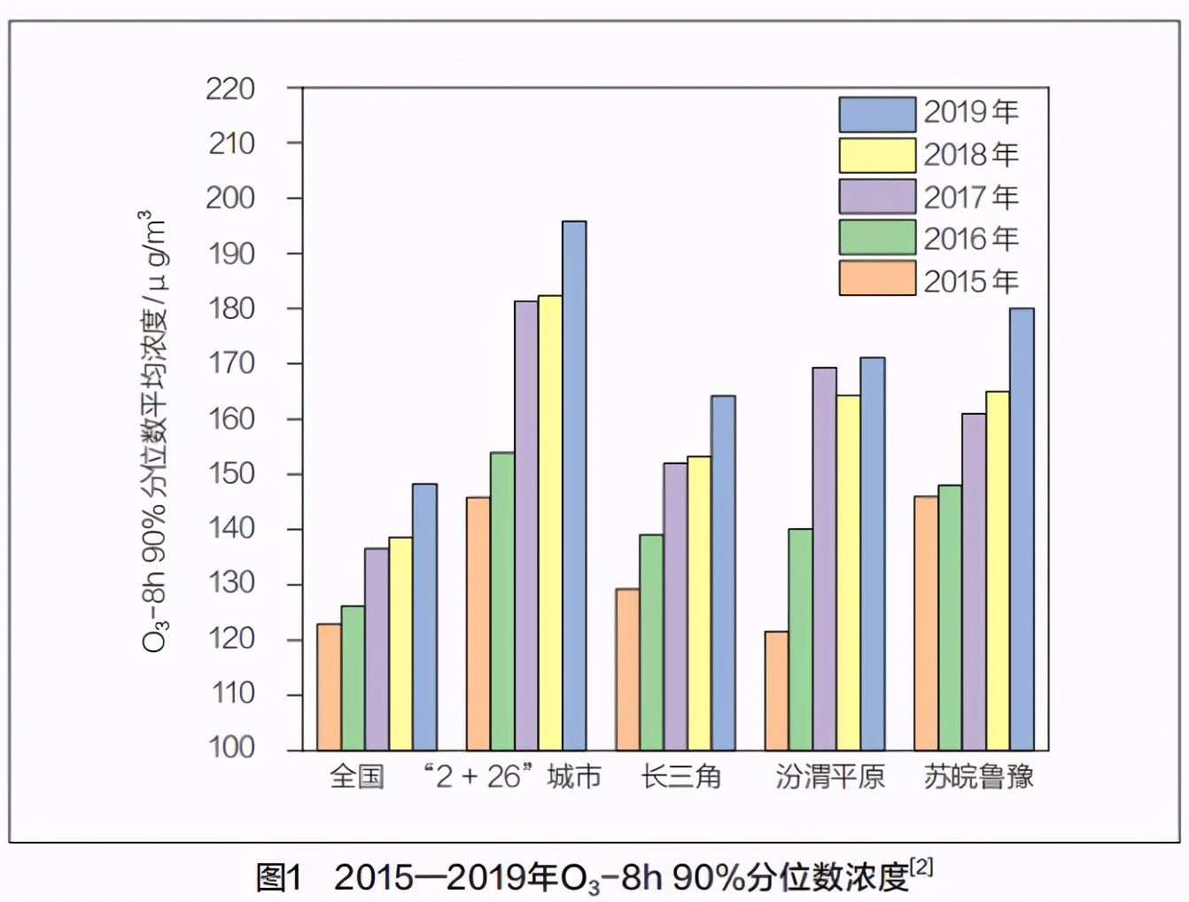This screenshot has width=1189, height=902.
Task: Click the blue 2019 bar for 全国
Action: [424, 617]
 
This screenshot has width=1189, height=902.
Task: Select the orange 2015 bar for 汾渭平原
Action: [777, 691]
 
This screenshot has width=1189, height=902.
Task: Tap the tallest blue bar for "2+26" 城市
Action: [574, 486]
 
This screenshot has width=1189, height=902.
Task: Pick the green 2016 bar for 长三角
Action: [651, 642]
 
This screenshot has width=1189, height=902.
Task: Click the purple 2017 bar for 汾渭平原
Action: [825, 559]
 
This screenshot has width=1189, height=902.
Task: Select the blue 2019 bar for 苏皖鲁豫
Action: [1022, 529]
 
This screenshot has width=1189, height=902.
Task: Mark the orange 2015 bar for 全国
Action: [329, 687]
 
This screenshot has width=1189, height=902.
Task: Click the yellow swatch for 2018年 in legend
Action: [877, 155]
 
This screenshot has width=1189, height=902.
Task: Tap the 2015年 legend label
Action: [971, 281]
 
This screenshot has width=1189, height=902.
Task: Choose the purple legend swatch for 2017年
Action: [877, 197]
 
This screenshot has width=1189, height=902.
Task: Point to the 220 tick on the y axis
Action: [230, 89]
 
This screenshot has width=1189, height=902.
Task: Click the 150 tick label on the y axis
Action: [230, 473]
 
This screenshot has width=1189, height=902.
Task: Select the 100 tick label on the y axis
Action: [230, 747]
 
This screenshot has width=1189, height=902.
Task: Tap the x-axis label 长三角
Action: [680, 777]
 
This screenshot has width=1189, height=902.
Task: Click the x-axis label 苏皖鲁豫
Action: [978, 777]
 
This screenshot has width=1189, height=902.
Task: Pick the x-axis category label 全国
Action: [356, 777]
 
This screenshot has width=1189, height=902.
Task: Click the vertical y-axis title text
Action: [152, 431]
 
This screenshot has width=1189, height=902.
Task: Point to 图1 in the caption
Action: [278, 877]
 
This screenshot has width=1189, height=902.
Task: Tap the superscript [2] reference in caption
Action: [921, 867]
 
